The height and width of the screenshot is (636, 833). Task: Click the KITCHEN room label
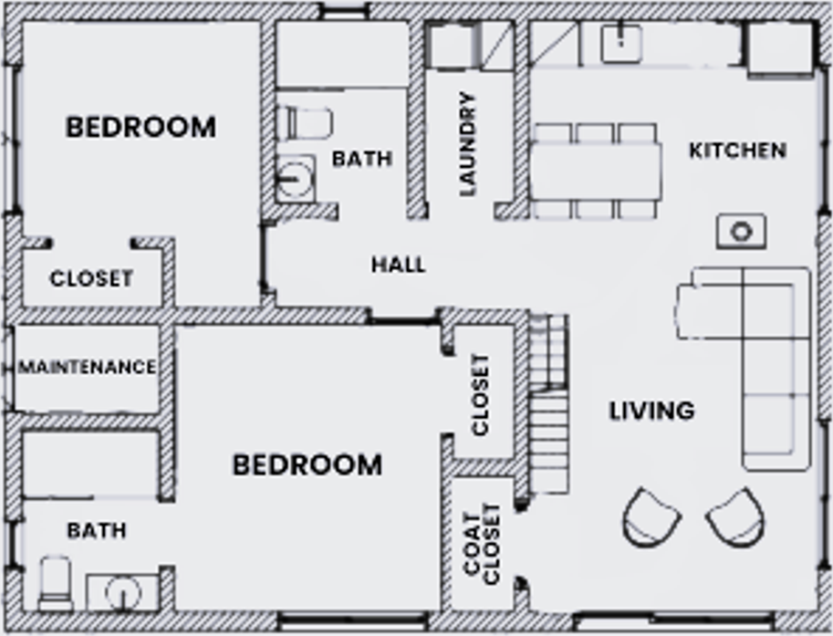click(x=737, y=151)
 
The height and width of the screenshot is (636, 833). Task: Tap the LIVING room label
click(x=651, y=412)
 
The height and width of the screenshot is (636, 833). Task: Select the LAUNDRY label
click(x=468, y=144)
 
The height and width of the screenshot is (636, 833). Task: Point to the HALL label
click(x=398, y=265)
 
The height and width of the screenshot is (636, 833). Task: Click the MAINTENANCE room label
click(x=87, y=368)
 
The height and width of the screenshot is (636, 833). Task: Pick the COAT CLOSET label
click(x=482, y=541)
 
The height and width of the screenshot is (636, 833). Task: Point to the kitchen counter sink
click(x=621, y=41)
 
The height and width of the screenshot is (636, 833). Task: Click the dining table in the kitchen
click(x=596, y=171)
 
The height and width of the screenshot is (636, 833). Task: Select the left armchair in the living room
click(x=651, y=518)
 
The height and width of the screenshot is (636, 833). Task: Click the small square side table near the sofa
click(x=741, y=232)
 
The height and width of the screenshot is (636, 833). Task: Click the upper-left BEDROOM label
click(x=141, y=127)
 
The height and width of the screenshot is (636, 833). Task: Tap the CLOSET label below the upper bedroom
click(x=91, y=278)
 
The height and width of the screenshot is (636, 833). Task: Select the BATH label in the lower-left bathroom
click(x=97, y=530)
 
